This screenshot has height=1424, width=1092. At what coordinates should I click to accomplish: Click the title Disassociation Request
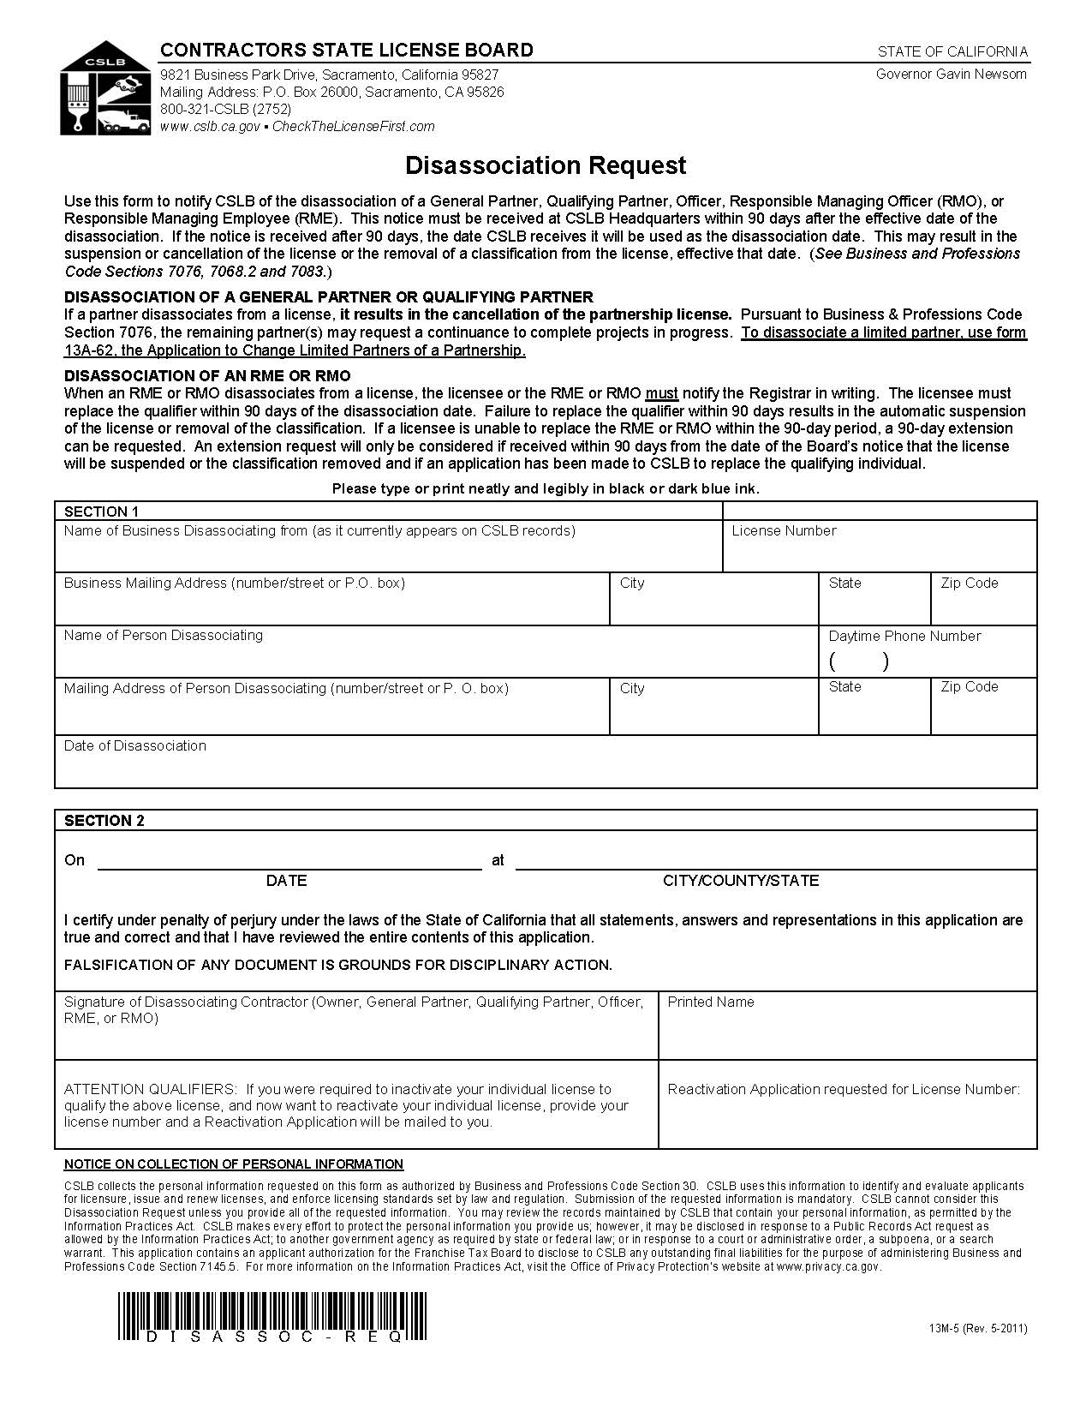click(x=546, y=165)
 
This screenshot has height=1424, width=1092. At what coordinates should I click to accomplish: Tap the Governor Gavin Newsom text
click(x=951, y=74)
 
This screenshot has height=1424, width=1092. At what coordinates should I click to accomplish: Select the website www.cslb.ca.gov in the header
click(x=210, y=127)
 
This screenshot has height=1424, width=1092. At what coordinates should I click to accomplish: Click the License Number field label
click(x=784, y=531)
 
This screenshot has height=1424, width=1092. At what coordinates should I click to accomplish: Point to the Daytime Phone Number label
click(x=904, y=636)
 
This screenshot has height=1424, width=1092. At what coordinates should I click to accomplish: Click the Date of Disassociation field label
click(x=135, y=745)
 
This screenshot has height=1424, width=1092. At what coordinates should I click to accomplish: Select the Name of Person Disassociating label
click(x=164, y=635)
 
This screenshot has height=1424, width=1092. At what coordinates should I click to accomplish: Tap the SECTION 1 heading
click(x=101, y=512)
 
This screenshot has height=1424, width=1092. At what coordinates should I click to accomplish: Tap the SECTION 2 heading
click(x=104, y=820)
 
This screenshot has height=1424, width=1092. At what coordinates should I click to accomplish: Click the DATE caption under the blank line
click(x=286, y=880)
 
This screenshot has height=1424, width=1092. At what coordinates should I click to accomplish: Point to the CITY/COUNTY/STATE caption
click(x=741, y=880)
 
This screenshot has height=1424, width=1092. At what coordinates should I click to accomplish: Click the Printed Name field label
click(x=711, y=1002)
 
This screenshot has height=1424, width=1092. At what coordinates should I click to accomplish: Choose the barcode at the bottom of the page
click(x=272, y=1314)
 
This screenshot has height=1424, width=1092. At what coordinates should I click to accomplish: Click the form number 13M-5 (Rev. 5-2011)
click(x=977, y=1329)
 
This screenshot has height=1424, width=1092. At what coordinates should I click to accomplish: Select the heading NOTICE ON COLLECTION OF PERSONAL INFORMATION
click(x=234, y=1164)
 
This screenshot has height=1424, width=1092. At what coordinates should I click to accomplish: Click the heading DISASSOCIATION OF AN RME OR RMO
click(x=207, y=375)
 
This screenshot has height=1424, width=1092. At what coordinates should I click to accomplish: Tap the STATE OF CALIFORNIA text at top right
click(x=952, y=51)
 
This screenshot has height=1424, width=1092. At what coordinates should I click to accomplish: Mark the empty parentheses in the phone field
click(x=859, y=661)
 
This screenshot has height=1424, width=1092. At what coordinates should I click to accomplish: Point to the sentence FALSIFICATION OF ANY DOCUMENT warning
click(x=338, y=965)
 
